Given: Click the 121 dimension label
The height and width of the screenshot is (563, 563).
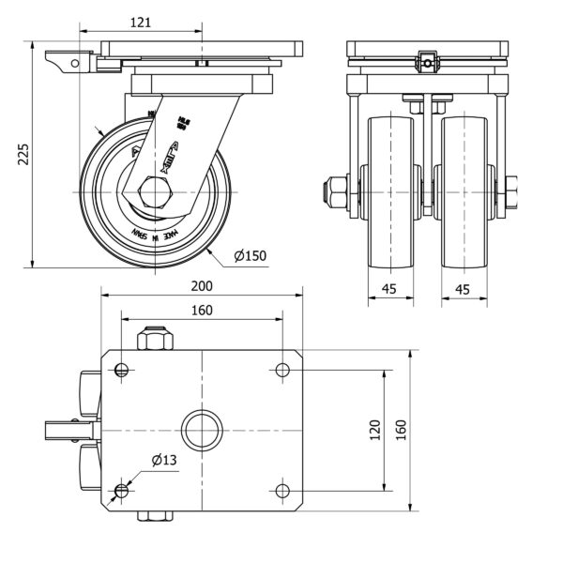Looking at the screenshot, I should [141, 22].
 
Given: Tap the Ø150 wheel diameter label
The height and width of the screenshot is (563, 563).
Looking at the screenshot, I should [251, 254].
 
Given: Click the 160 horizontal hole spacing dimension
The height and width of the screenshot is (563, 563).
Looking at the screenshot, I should [202, 310].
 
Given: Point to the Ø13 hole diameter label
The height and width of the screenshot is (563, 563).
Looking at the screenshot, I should [164, 459].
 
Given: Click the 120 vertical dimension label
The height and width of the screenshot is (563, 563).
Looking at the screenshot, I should [375, 430].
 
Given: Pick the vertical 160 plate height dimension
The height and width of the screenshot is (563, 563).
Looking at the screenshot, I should [401, 430].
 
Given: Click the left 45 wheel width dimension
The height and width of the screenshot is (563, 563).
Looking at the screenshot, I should [389, 289].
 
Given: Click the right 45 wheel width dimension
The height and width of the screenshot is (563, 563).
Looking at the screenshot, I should [463, 289].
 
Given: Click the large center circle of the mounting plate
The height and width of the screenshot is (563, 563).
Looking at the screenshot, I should [202, 431].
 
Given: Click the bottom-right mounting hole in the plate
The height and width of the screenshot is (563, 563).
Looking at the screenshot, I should [282, 491].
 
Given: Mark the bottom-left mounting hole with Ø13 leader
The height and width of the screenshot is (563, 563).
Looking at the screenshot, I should [121, 491].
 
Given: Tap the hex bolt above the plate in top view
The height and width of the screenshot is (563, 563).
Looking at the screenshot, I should [154, 339].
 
